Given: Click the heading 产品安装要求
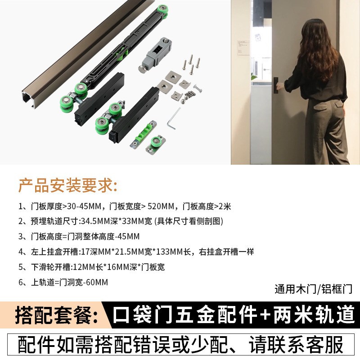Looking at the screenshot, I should pos(67,185).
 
